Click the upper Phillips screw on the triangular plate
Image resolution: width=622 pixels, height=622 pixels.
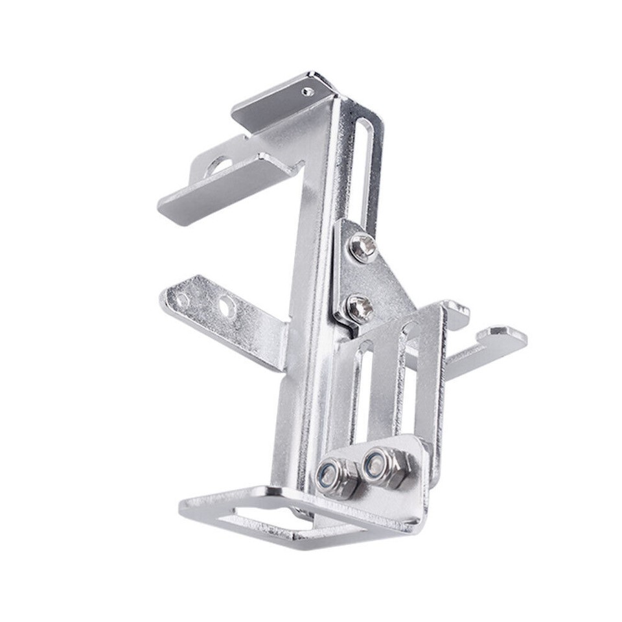coord(361,248)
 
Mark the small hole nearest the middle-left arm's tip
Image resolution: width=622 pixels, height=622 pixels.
coord(183,300)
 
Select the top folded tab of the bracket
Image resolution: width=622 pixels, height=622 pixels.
coord(279,104)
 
